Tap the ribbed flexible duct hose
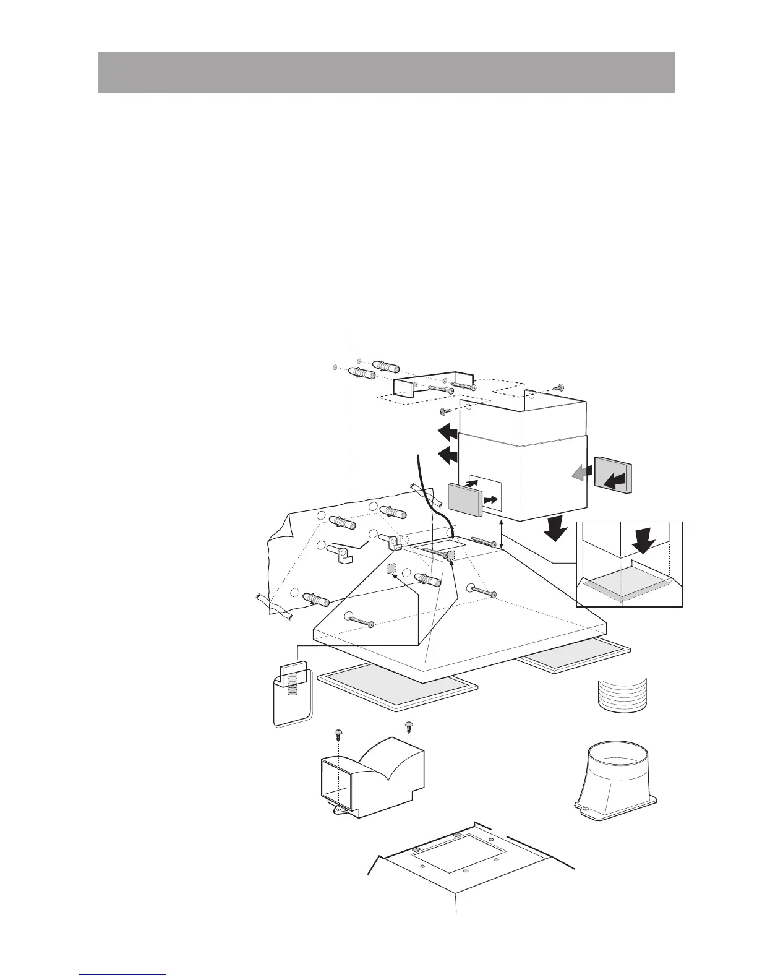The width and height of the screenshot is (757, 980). click(622, 695)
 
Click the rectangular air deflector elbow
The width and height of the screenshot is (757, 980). click(372, 777)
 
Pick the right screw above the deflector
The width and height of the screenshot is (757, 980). click(409, 726)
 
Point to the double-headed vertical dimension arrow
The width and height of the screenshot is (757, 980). click(502, 534)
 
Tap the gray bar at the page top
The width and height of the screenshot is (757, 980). click(387, 72)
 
